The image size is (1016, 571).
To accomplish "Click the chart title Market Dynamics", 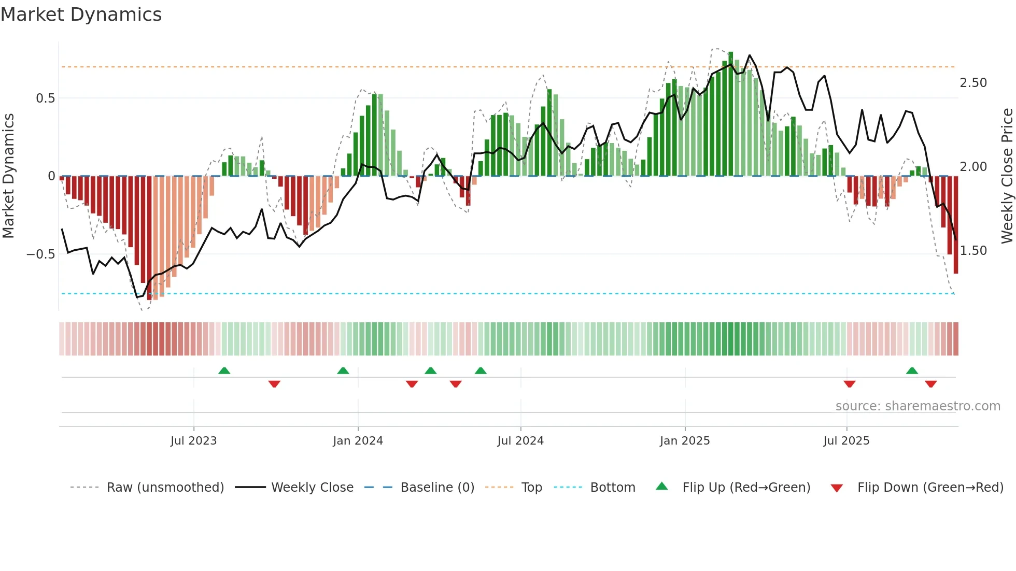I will (x=81, y=15).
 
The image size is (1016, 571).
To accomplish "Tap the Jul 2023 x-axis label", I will (x=193, y=441).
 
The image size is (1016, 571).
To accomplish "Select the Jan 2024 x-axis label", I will (x=358, y=441).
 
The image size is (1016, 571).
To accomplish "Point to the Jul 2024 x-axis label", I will (x=520, y=441).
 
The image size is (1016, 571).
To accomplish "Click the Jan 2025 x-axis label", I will (x=685, y=441).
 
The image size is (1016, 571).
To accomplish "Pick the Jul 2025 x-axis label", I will (x=846, y=441).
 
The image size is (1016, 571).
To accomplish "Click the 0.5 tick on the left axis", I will (x=45, y=98).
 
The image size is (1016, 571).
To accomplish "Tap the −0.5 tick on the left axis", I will (x=40, y=254).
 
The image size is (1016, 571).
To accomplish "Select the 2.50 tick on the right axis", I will (x=973, y=83).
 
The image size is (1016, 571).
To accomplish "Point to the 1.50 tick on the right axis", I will (x=973, y=251).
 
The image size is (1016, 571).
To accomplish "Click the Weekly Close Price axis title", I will (x=1007, y=176).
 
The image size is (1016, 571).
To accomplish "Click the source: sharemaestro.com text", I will (x=918, y=406).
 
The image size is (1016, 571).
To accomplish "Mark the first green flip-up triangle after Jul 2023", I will (x=224, y=371).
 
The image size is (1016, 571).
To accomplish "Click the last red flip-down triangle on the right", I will (x=930, y=384).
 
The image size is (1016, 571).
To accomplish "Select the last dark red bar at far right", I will (x=956, y=225).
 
